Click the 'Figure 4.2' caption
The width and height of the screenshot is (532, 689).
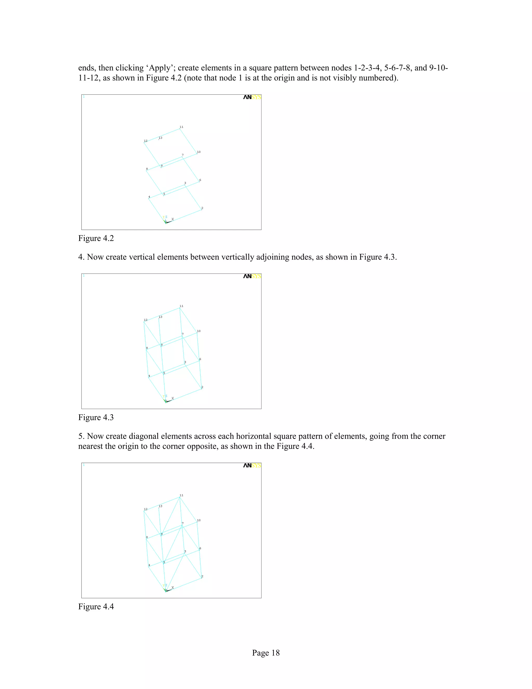(96, 238)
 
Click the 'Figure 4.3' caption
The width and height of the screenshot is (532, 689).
(96, 417)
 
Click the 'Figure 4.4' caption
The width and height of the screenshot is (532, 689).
(96, 607)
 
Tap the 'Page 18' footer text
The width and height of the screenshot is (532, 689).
(266, 653)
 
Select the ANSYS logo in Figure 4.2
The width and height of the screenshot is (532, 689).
(252, 97)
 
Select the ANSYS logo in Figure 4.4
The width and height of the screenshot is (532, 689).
(252, 466)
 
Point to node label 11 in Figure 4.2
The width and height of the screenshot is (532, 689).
(181, 127)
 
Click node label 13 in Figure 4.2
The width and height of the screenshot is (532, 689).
(161, 138)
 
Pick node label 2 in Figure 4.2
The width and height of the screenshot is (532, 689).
(202, 208)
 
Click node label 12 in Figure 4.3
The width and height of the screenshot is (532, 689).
(146, 320)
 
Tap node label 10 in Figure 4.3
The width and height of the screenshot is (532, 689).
(198, 331)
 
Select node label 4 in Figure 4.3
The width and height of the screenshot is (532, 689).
(149, 376)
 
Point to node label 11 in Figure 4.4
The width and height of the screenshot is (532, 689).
(181, 495)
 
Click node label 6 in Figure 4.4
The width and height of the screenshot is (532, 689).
(200, 548)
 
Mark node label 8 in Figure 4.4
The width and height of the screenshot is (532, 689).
(147, 537)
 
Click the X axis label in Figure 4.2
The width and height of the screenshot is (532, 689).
(172, 219)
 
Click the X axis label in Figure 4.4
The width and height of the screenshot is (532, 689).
(172, 587)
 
